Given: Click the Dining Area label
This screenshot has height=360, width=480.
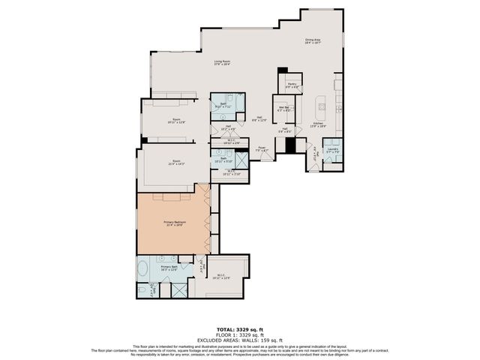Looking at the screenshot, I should pos(313,41).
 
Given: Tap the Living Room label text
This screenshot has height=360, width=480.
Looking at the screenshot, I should pos(221,62).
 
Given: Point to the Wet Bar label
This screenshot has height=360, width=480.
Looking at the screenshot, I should pos(284,109).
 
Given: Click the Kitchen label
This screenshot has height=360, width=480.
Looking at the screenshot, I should pos(319,124).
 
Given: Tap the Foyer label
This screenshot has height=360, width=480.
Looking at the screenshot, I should pos(262,149).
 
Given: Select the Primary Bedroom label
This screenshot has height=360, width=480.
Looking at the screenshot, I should pos(175,223).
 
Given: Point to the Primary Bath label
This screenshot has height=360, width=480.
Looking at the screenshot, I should pos(169,268).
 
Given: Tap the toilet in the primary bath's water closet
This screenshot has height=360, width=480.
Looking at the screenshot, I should pos(141,290).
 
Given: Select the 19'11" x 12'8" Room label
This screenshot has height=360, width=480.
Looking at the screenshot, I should pos(176,120).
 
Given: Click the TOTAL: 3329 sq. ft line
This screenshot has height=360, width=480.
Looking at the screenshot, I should pos(239,329).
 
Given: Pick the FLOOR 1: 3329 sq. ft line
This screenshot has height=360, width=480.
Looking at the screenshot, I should pos(239,334).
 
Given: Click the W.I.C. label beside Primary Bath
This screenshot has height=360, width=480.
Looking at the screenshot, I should pos(222,276).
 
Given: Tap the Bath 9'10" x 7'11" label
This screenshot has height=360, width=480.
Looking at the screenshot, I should pos(223,106).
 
